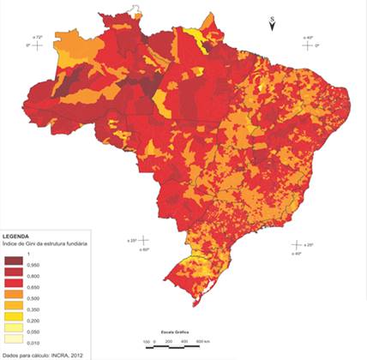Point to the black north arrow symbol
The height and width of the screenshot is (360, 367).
tap(272, 27)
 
